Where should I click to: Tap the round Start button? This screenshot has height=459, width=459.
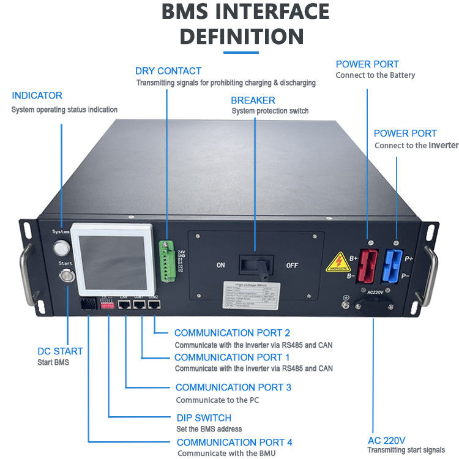coord(65,277)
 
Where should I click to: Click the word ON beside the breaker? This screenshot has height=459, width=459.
coord(221,266)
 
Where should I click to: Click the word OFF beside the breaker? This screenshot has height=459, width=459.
coord(293,266)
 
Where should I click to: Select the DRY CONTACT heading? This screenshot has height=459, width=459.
coord(168,71)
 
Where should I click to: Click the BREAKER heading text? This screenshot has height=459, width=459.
coord(253,100)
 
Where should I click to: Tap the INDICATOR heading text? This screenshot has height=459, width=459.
coord(37,95)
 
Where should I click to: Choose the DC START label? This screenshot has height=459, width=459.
coord(59,351)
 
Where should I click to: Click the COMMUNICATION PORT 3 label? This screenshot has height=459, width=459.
coord(233,387)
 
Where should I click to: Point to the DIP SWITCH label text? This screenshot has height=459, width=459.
coord(204,417)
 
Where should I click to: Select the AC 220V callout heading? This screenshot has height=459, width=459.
coord(386,439)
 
